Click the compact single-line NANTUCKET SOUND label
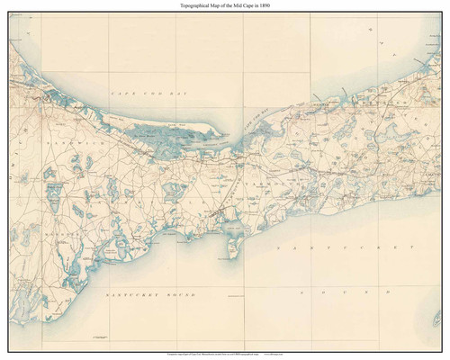[x=135, y=294]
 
